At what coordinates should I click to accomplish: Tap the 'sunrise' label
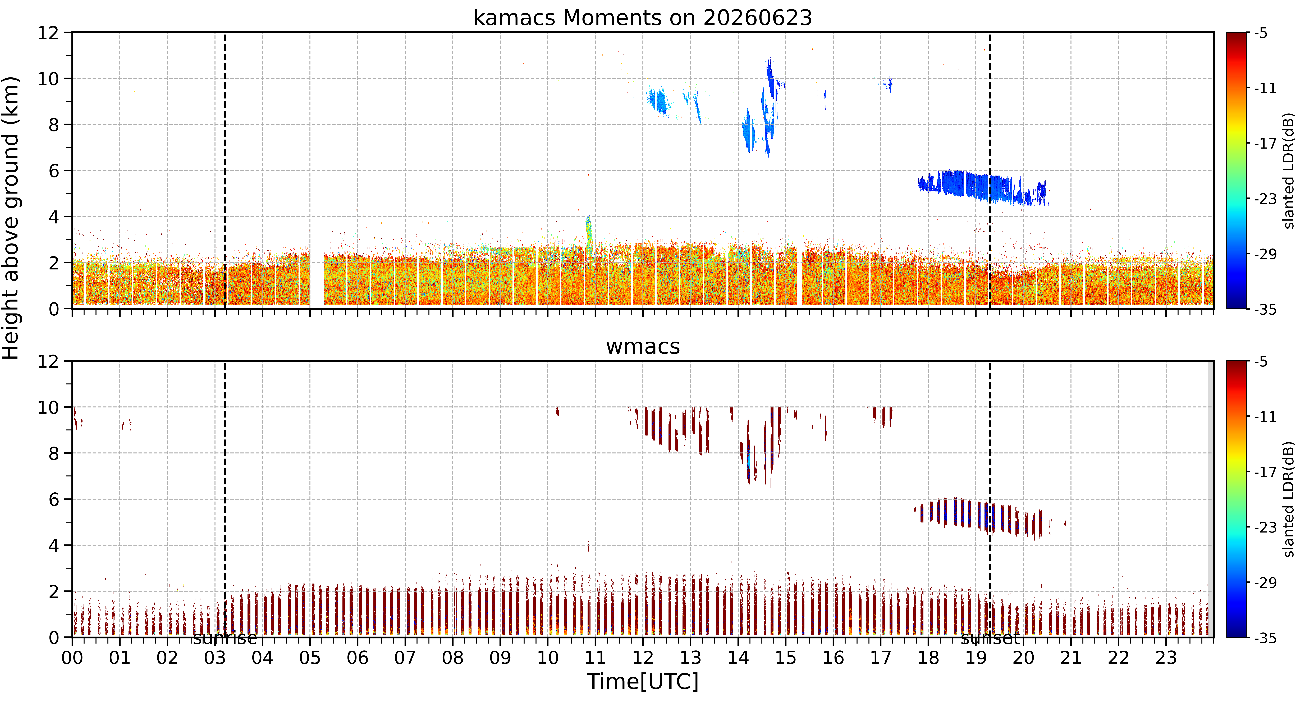click(225, 639)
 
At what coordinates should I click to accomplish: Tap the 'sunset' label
click(990, 639)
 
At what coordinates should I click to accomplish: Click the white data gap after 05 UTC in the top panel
click(317, 279)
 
